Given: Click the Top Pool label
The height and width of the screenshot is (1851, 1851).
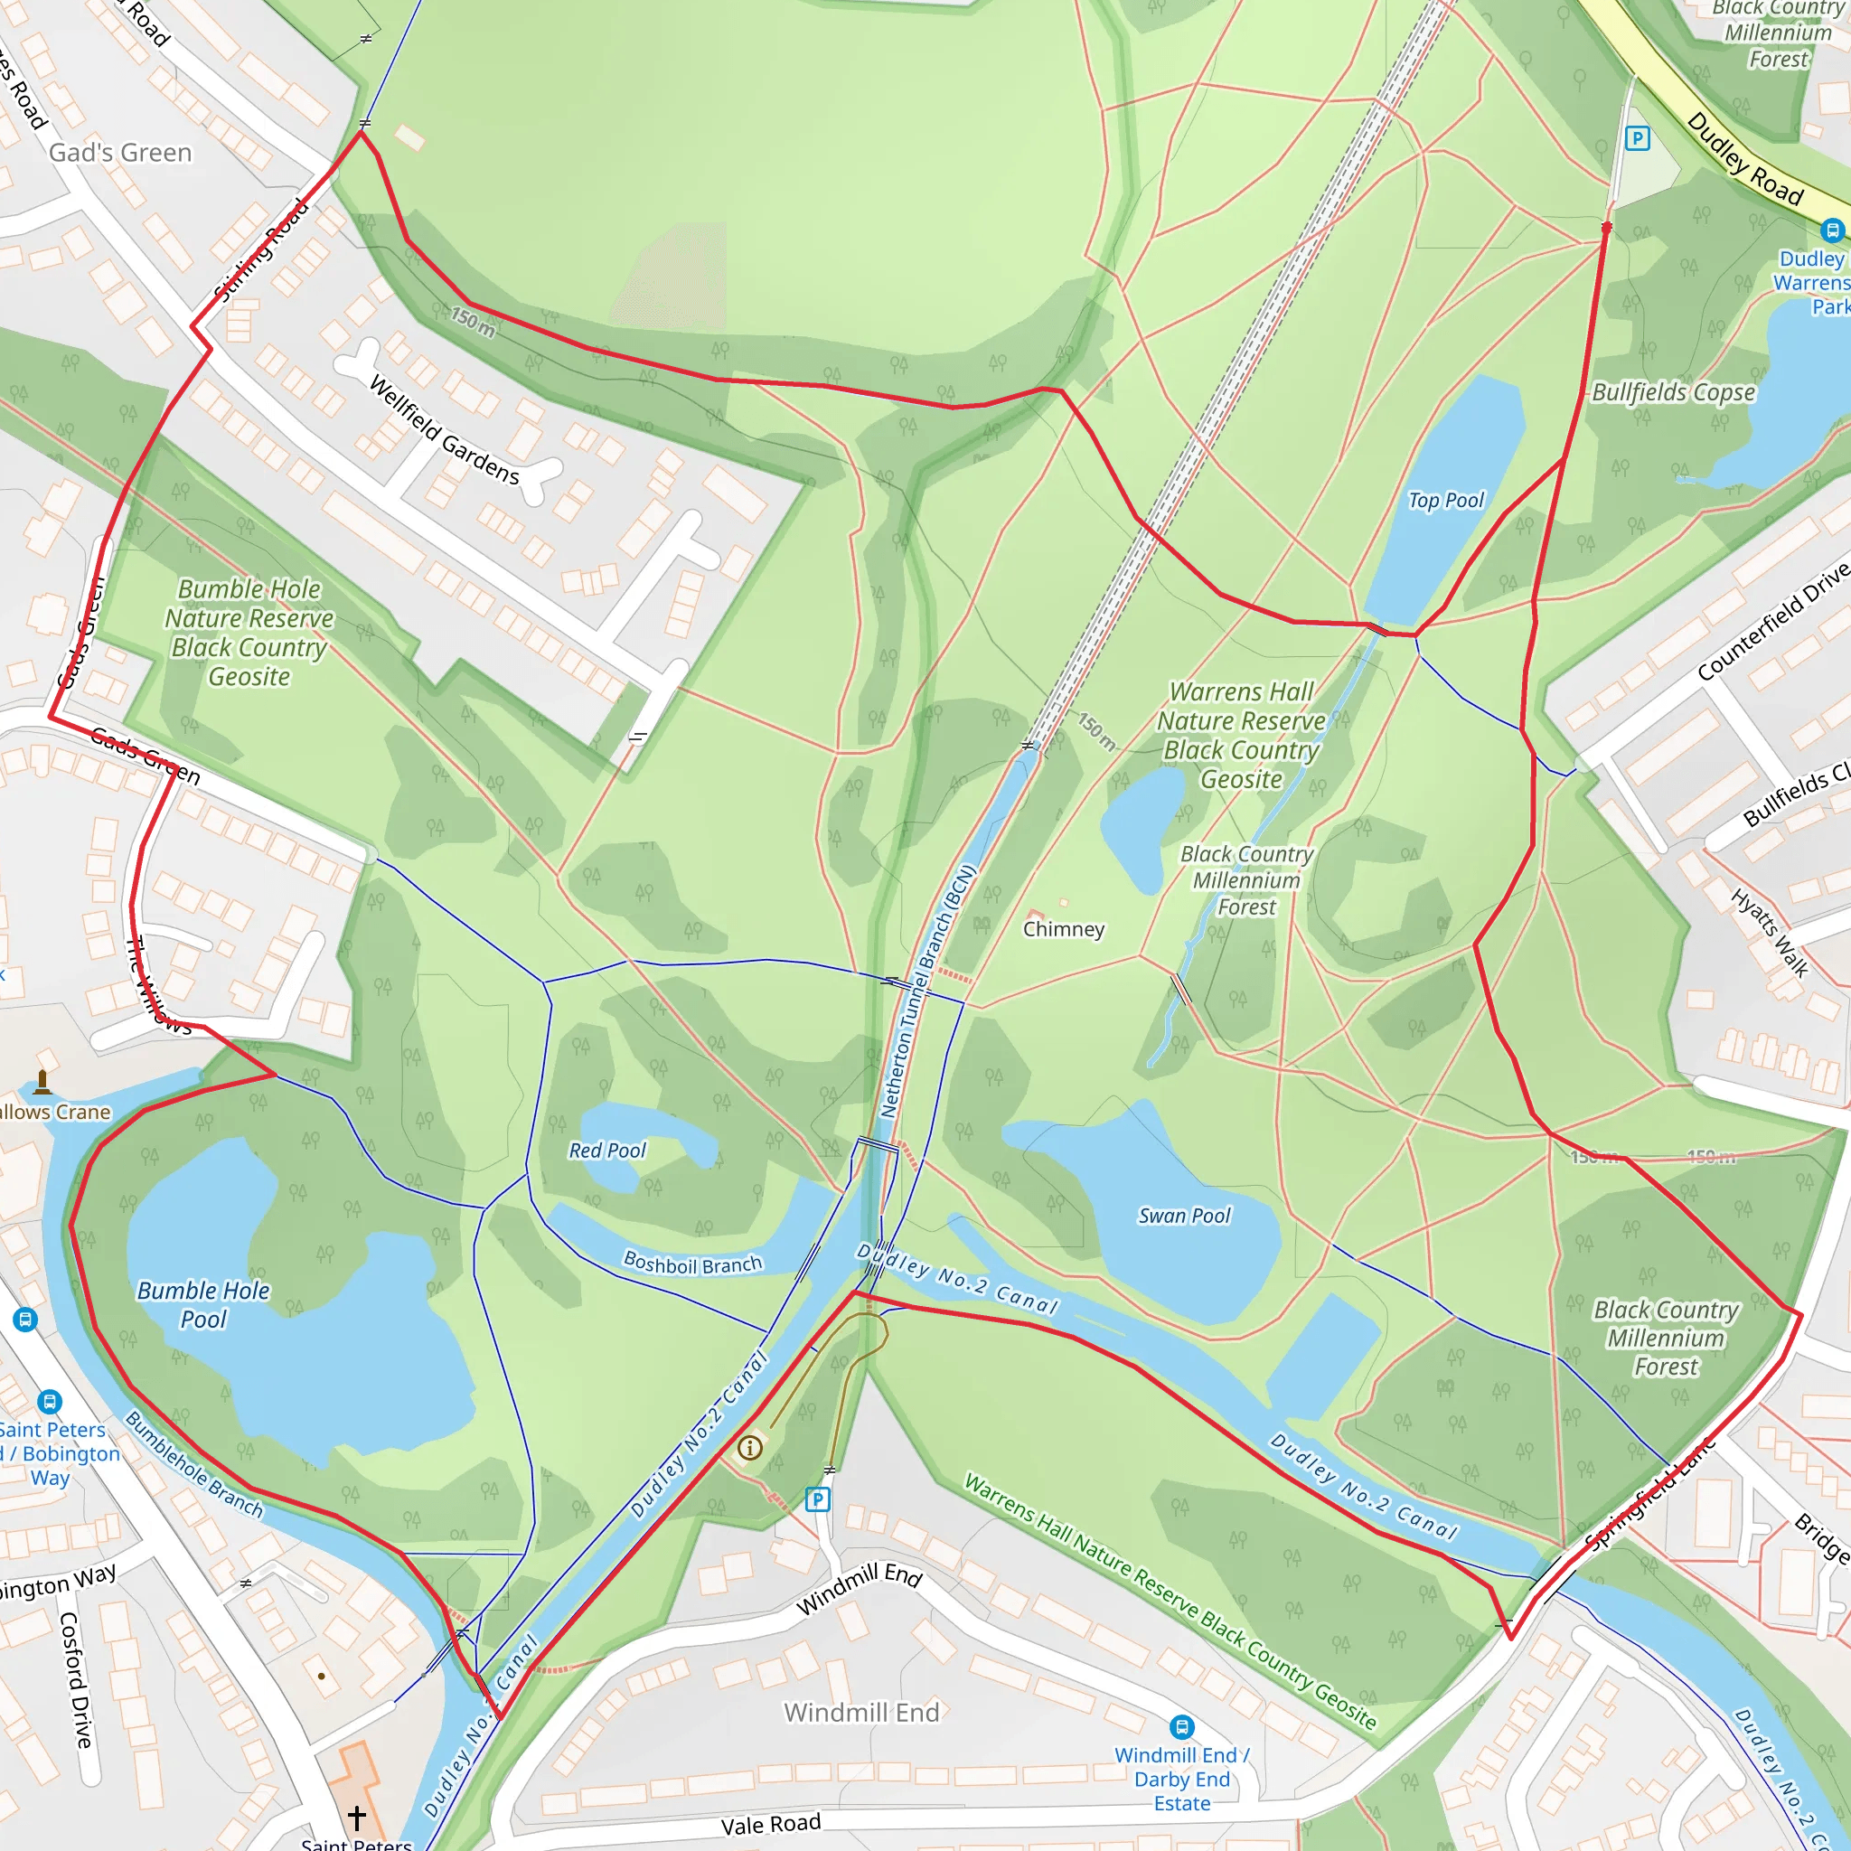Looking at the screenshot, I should pyautogui.click(x=1445, y=500).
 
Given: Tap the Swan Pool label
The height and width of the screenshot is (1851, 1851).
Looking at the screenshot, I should pyautogui.click(x=1184, y=1216).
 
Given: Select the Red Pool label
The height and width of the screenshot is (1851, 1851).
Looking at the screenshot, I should pyautogui.click(x=607, y=1151).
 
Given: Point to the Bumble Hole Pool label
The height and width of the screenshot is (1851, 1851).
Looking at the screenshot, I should pyautogui.click(x=203, y=1305).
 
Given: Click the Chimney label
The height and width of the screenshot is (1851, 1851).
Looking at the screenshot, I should pyautogui.click(x=1064, y=929).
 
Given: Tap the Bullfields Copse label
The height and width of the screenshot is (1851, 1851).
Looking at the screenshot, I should pyautogui.click(x=1673, y=393).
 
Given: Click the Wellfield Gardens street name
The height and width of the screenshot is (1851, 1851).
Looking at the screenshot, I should pyautogui.click(x=445, y=430).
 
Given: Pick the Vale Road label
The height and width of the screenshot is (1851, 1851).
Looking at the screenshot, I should pyautogui.click(x=770, y=1824).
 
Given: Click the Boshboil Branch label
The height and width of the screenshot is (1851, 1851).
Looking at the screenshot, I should pyautogui.click(x=692, y=1264).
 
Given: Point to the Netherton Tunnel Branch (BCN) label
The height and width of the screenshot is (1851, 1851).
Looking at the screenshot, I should pyautogui.click(x=928, y=991).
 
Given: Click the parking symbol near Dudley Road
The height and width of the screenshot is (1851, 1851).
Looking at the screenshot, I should pyautogui.click(x=1638, y=139).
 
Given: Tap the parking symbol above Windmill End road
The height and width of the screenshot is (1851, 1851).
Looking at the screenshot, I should pyautogui.click(x=817, y=1499).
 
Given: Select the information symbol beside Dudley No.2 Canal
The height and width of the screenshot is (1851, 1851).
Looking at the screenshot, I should pyautogui.click(x=750, y=1448).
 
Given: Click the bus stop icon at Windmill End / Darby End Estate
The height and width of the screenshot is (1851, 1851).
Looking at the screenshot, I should pyautogui.click(x=1182, y=1727).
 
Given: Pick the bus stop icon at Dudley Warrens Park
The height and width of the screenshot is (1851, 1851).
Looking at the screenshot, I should pyautogui.click(x=1832, y=230).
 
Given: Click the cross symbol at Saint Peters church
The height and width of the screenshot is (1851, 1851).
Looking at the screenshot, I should pyautogui.click(x=356, y=1818).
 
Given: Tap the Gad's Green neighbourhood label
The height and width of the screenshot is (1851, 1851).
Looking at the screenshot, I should pyautogui.click(x=121, y=154).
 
